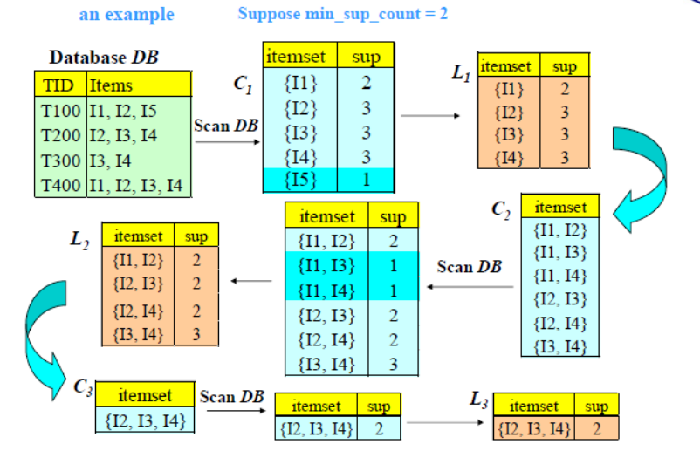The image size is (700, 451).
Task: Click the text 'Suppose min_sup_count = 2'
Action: pos(343,14)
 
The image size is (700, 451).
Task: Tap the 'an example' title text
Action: pos(127,14)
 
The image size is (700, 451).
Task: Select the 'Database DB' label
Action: pos(105,58)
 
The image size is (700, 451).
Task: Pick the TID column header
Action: pos(61,85)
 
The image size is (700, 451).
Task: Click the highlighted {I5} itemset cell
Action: pos(300,181)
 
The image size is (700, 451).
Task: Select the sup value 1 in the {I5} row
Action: pos(366,181)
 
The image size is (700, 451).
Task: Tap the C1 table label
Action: pos(244,84)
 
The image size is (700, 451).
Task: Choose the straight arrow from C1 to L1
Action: pos(429,115)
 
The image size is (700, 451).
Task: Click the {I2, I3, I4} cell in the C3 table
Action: pos(144,420)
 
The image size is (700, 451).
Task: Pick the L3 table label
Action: pos(478,400)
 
